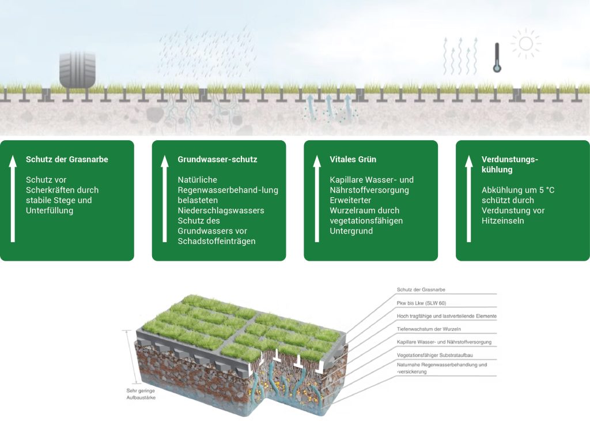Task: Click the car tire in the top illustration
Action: pyautogui.click(x=77, y=70)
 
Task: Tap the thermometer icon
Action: pyautogui.click(x=497, y=58)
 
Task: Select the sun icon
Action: pyautogui.click(x=525, y=44)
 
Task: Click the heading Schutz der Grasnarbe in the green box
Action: pyautogui.click(x=67, y=159)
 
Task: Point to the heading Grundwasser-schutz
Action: pyautogui.click(x=217, y=159)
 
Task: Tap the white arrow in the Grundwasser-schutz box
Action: pyautogui.click(x=165, y=198)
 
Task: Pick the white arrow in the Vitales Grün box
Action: pyautogui.click(x=316, y=198)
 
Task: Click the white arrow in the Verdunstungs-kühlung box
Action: pyautogui.click(x=468, y=198)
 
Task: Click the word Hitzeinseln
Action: pyautogui.click(x=503, y=221)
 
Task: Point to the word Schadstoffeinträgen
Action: pyautogui.click(x=217, y=241)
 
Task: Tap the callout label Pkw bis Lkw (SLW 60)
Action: pyautogui.click(x=421, y=303)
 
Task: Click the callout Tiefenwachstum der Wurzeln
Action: pyautogui.click(x=429, y=329)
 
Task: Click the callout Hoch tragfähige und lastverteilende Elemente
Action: pyautogui.click(x=447, y=316)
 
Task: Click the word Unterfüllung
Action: pyautogui.click(x=50, y=210)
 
